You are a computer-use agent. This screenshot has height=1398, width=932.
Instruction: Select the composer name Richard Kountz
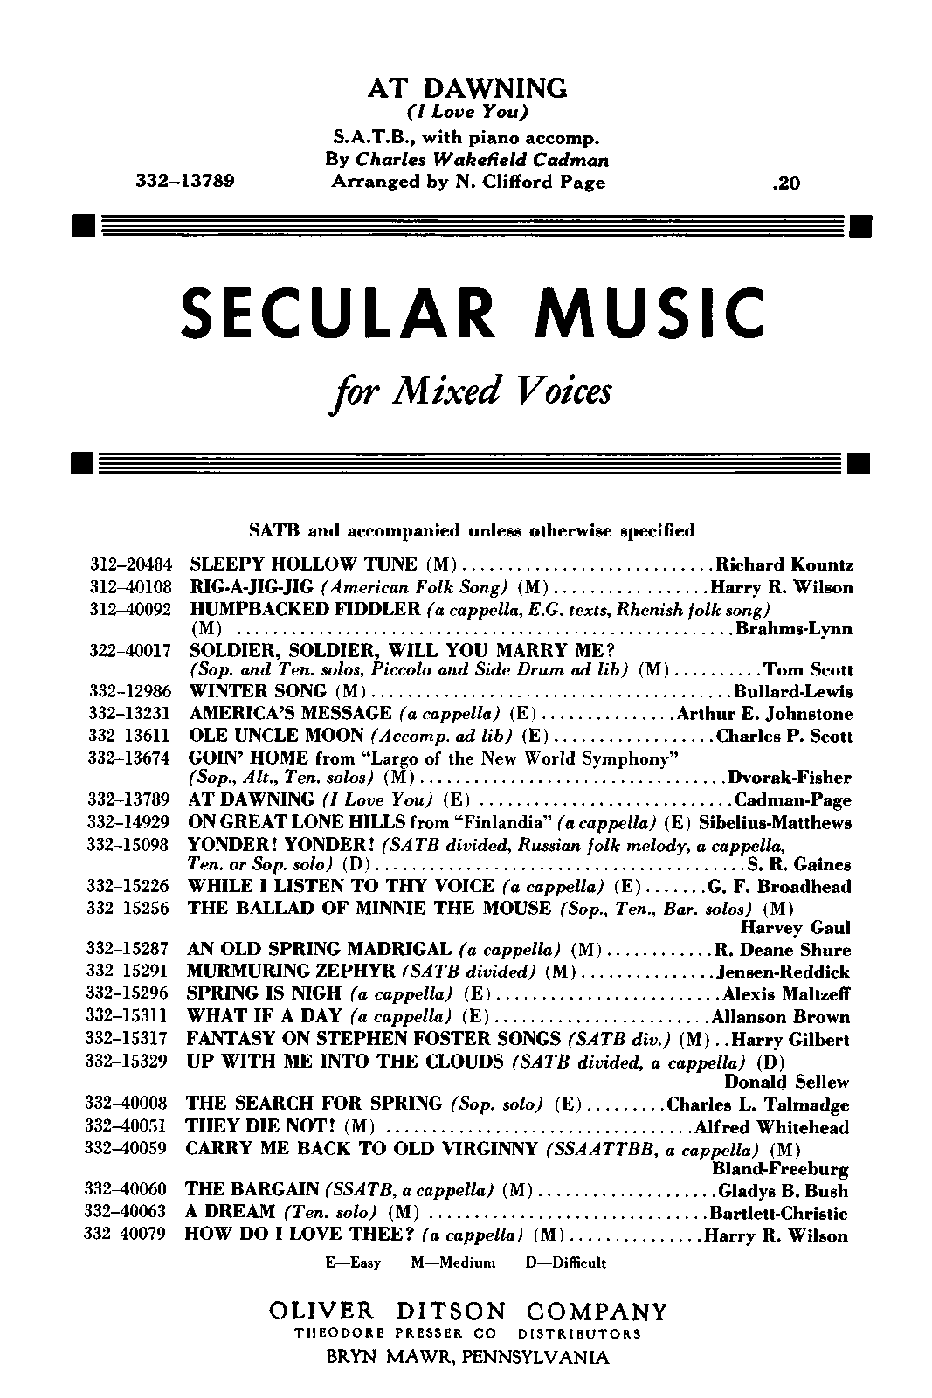pos(784,565)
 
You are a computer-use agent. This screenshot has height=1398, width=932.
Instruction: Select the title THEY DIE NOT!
pos(262,1127)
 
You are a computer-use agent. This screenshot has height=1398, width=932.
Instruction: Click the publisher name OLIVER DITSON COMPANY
pos(467,1312)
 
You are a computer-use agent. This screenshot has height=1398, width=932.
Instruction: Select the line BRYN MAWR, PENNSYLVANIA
pos(467,1358)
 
